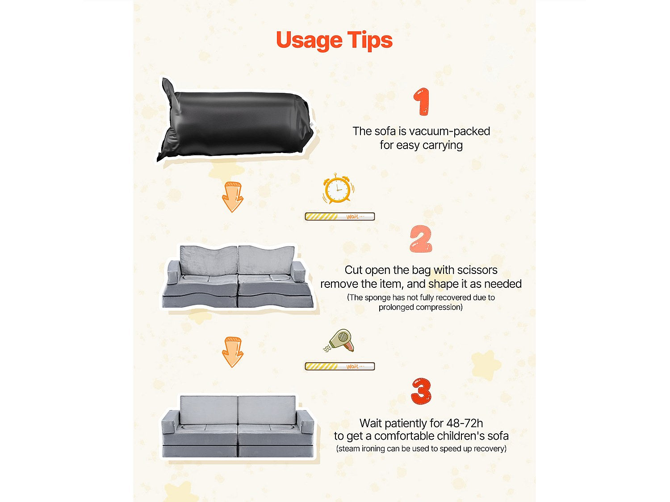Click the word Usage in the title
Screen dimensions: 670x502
coord(309,40)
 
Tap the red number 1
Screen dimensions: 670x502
coord(422,102)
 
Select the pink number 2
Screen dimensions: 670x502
coord(421,239)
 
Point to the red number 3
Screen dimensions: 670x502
coord(421,391)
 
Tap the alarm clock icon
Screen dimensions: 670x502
coord(338,188)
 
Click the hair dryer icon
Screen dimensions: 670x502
coord(340,341)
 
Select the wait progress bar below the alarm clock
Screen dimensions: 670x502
coord(340,216)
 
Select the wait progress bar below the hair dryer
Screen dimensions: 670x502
coord(340,366)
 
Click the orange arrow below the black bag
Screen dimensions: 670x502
coord(233,197)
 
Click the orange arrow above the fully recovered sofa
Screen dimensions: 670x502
coord(233,352)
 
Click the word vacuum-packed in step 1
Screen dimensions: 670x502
coord(449,131)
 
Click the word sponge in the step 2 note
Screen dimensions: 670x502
coord(378,298)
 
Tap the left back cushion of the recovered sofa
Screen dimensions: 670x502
coord(209,410)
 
